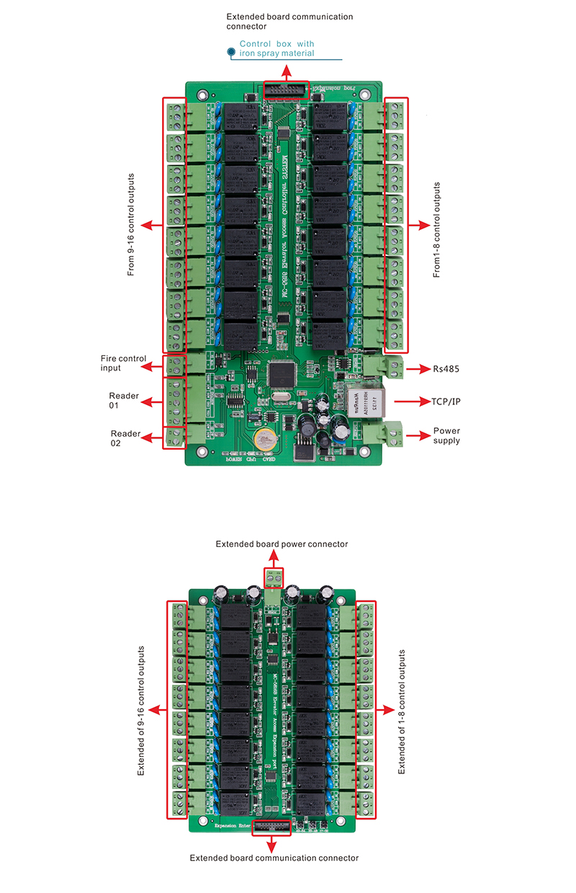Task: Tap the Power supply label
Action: coord(446,435)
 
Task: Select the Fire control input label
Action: coord(124,363)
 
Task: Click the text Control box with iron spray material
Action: coord(276,48)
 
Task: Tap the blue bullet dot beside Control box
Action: coord(230,52)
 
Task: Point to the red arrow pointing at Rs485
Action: coord(416,369)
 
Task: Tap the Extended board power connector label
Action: coord(282,544)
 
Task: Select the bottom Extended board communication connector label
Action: coord(274,858)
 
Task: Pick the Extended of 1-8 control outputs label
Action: coord(402,711)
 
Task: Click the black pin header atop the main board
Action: coord(286,89)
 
